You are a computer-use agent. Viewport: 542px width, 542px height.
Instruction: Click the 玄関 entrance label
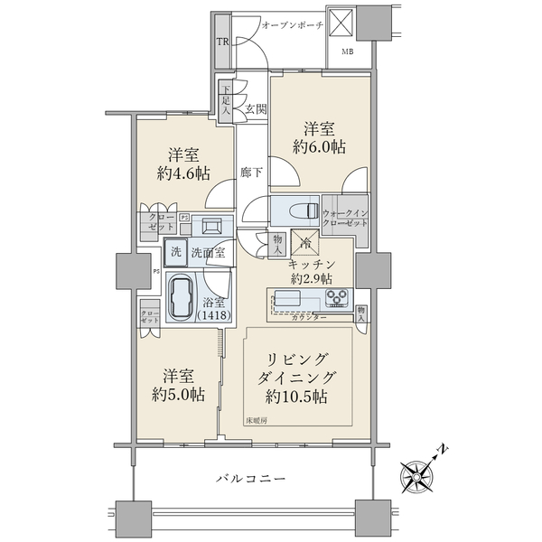point(256,109)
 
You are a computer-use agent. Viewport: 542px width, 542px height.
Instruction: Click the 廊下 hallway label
point(251,172)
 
